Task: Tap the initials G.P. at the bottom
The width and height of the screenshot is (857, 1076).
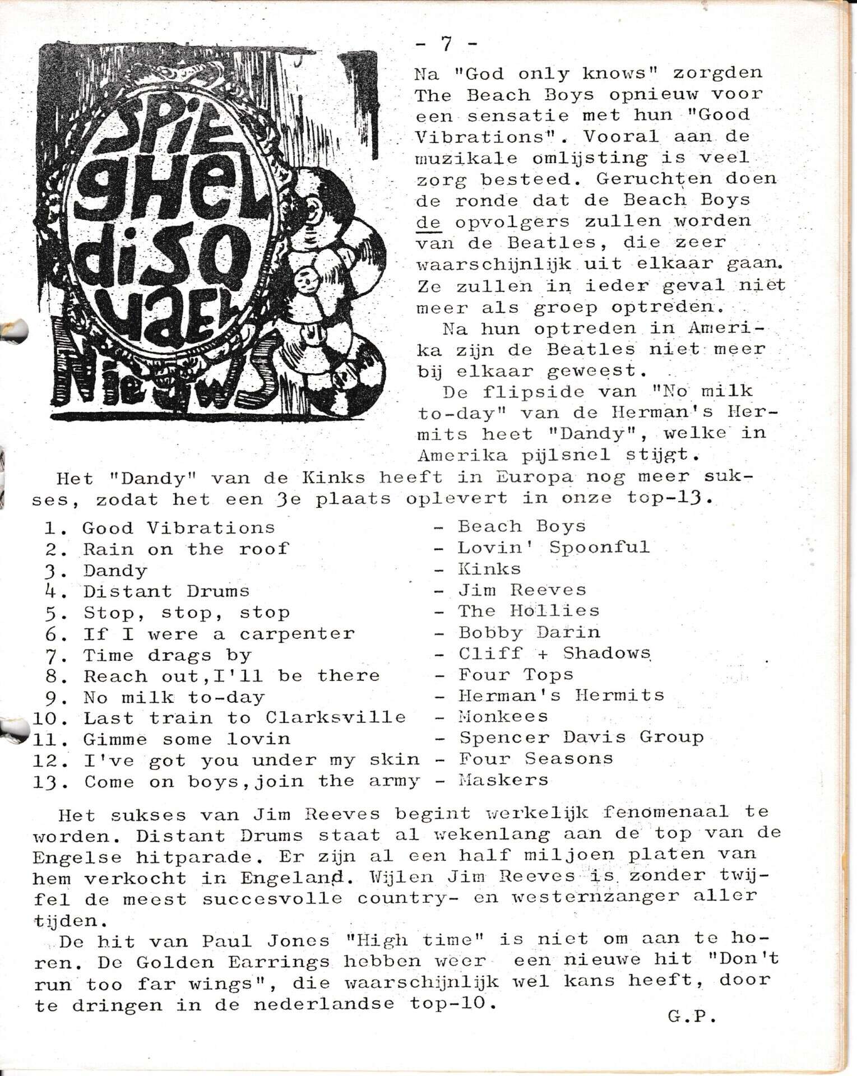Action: click(x=692, y=1017)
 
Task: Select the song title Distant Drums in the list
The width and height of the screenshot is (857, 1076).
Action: click(x=166, y=591)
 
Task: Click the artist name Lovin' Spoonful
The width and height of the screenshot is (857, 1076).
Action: click(x=554, y=548)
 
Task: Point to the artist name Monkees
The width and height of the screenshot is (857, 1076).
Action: click(x=503, y=717)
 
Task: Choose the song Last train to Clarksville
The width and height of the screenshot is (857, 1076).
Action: click(x=244, y=718)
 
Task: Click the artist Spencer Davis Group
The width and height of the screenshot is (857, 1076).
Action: click(x=581, y=738)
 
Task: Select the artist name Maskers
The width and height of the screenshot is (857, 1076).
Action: click(x=503, y=780)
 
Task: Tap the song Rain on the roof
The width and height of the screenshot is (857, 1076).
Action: click(x=186, y=549)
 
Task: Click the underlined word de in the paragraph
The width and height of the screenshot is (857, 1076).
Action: click(x=429, y=222)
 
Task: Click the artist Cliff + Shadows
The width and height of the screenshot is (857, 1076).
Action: click(x=554, y=653)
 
